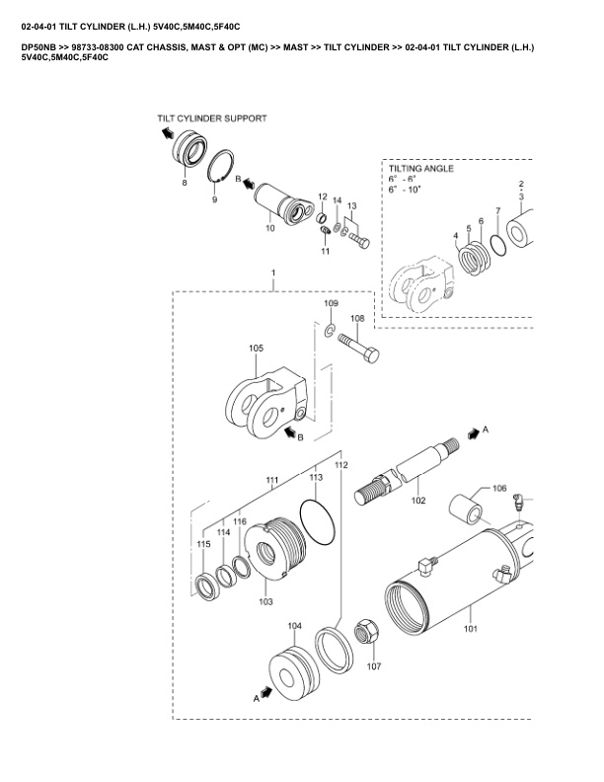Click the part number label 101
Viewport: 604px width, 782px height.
471,628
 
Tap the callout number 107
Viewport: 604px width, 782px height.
374,665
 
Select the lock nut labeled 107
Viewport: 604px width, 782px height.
367,631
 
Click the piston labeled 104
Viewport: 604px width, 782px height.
293,672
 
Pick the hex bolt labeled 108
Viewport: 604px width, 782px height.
358,348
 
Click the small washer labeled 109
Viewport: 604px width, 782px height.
330,329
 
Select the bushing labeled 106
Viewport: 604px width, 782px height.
466,508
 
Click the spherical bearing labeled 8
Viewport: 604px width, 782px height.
189,148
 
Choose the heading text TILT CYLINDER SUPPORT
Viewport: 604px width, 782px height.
212,118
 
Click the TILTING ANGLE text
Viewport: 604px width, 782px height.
421,169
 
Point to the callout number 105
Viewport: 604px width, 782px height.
257,349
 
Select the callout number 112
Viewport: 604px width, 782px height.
341,465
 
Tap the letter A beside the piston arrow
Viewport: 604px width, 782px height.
257,698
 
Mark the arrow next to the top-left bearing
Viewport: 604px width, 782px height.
167,132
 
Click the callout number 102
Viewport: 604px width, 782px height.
418,501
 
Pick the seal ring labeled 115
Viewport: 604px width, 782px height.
206,587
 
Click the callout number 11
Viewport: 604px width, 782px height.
325,252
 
